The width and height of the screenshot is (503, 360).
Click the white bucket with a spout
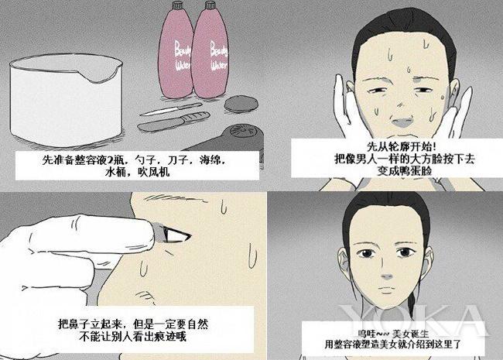click(x=66, y=99)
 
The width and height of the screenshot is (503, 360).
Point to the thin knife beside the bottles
click(x=171, y=109)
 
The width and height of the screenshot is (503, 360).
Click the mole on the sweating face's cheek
click(x=443, y=96)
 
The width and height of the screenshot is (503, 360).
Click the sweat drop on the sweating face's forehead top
click(x=426, y=45)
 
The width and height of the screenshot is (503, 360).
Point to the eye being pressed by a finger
click(x=175, y=235)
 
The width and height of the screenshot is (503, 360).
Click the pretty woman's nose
click(x=387, y=276)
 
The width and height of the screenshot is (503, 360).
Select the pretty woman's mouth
click(x=388, y=290)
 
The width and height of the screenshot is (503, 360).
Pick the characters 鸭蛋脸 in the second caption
click(x=404, y=170)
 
